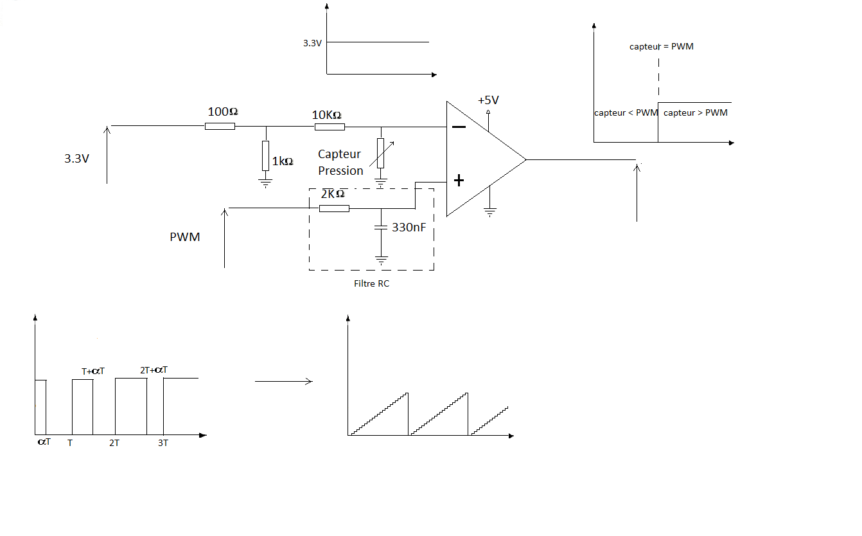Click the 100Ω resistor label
tap(223, 112)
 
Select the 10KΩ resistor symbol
tap(330, 127)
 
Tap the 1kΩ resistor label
tap(283, 161)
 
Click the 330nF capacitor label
tap(409, 227)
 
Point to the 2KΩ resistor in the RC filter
tap(334, 208)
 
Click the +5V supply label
tap(488, 100)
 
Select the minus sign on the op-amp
tap(459, 127)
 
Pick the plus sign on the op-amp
tap(459, 181)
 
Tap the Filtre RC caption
tap(371, 283)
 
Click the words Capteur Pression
tap(340, 163)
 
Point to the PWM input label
tap(185, 237)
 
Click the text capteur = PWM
tap(662, 47)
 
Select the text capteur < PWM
tap(626, 113)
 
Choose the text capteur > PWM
tap(696, 113)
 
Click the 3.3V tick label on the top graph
tap(312, 43)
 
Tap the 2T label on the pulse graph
tap(114, 443)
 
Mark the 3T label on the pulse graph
tap(163, 443)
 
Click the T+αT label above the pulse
tap(94, 371)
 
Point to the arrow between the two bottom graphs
tap(283, 382)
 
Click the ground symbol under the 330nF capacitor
tap(382, 261)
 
